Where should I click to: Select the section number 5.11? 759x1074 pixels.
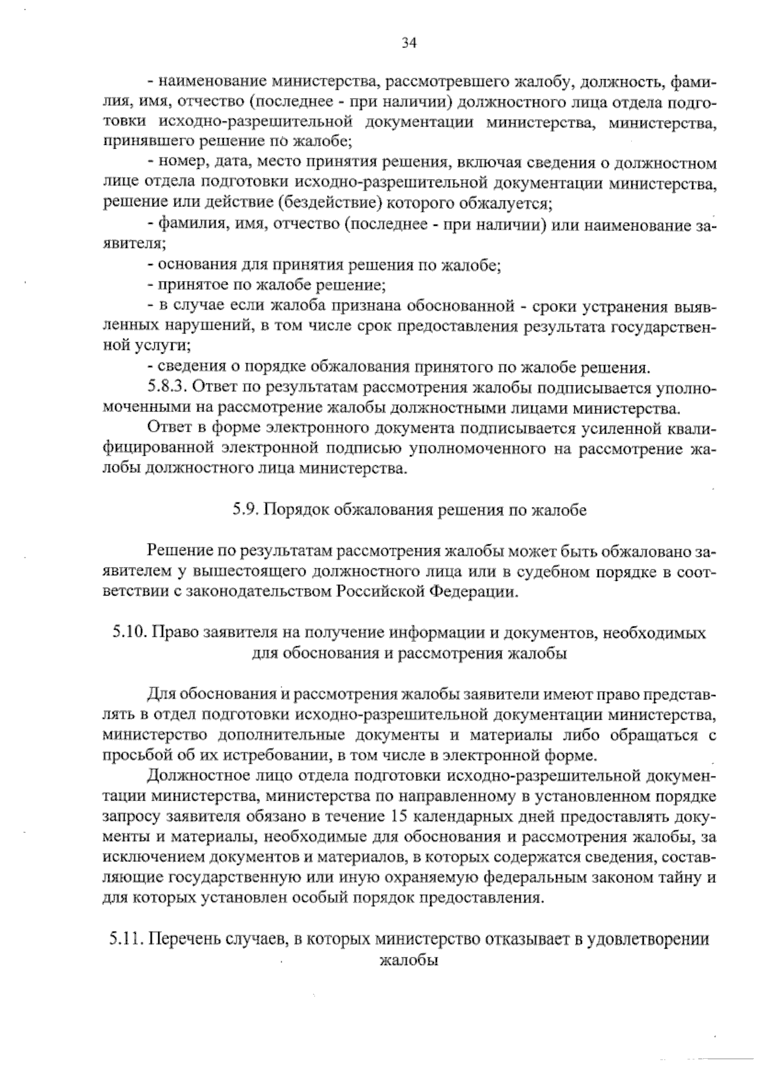(x=126, y=940)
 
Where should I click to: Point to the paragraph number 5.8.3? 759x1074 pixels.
(x=166, y=386)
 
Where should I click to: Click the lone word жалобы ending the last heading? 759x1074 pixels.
(x=408, y=960)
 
